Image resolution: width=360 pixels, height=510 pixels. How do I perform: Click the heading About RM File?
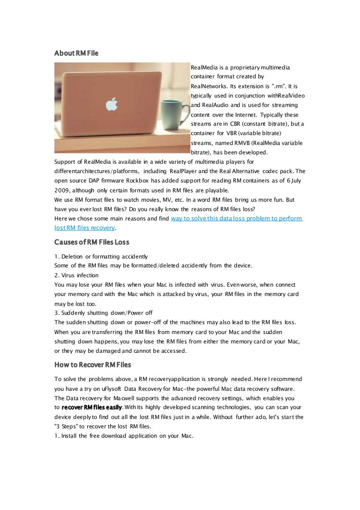pos(76,54)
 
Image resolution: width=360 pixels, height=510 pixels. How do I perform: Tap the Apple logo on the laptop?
pos(111,104)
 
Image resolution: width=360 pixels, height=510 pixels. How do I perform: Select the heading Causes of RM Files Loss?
pos(92,242)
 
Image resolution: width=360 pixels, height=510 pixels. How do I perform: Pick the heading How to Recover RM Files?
pos(93,365)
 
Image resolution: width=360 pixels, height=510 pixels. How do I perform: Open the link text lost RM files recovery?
pos(84,228)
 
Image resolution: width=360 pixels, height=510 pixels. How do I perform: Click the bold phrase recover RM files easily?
pos(92,407)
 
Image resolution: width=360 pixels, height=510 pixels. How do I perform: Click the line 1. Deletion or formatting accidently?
pos(101,256)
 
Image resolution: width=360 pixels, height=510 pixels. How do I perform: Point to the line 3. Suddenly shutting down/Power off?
pos(103,312)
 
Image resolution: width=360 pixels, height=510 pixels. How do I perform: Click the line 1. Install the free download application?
pos(124,435)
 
